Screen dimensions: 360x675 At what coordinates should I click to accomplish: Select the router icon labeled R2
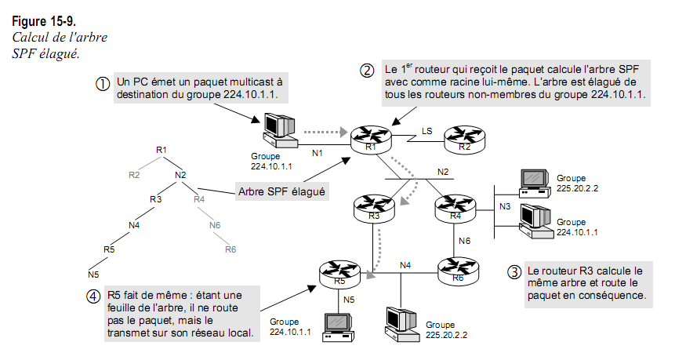click(464, 139)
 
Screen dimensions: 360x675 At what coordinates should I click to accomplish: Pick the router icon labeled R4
click(455, 208)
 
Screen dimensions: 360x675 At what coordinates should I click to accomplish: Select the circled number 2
click(367, 70)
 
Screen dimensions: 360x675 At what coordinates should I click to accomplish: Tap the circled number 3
click(514, 273)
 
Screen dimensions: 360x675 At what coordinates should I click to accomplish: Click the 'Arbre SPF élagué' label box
click(281, 190)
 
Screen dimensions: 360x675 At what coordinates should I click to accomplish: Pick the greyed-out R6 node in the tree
click(230, 249)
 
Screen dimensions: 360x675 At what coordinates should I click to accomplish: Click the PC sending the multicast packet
click(278, 129)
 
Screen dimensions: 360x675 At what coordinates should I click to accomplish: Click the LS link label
click(426, 129)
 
